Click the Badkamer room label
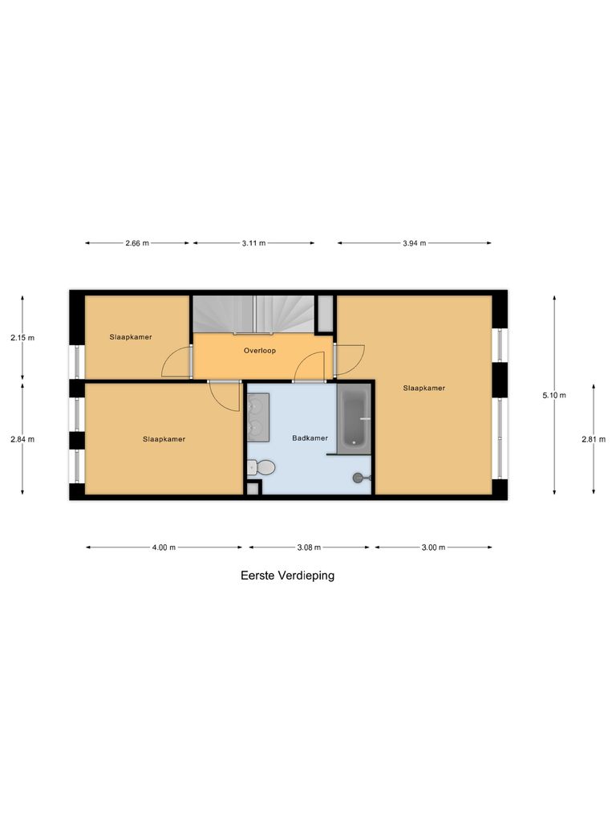(310, 438)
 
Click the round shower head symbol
(358, 478)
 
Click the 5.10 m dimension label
(555, 395)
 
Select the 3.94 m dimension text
(414, 242)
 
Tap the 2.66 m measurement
(137, 242)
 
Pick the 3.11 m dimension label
(253, 242)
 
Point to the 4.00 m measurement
(164, 547)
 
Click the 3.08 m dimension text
(309, 547)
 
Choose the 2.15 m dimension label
(22, 338)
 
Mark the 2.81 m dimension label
(594, 439)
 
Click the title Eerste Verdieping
(287, 576)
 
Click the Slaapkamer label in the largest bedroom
(424, 389)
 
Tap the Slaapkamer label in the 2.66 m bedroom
(131, 337)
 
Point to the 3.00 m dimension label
(433, 547)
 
